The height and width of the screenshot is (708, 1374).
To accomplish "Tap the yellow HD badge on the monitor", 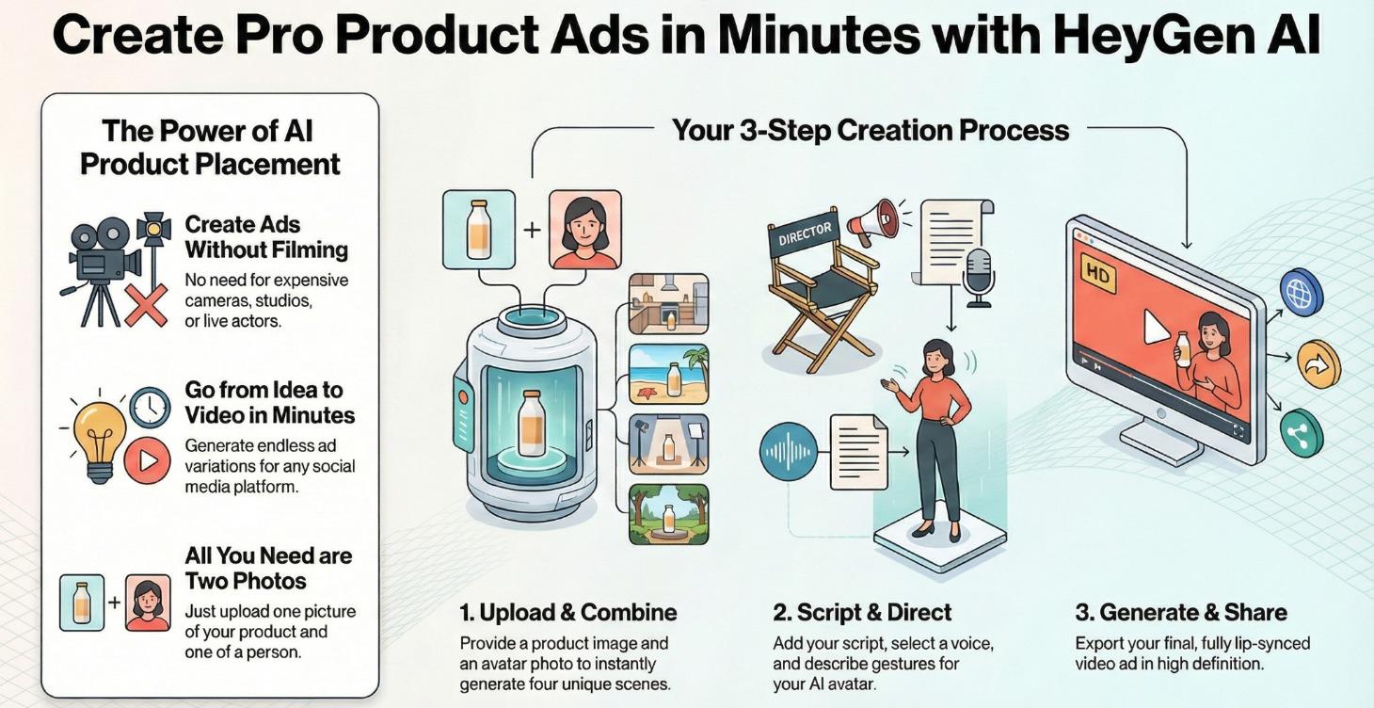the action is pos(1098,274).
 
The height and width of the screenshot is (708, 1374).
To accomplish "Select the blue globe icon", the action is pos(1301,292).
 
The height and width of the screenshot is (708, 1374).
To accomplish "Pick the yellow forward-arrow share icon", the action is pos(1318,363).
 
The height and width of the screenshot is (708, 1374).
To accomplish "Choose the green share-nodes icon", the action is pos(1302,433).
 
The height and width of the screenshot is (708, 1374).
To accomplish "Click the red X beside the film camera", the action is pos(146,305).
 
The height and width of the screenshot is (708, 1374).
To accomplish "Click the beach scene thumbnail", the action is pos(668,374).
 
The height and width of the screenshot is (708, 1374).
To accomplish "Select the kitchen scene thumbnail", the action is pos(668,304).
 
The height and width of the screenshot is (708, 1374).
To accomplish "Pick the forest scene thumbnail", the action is pos(668,514).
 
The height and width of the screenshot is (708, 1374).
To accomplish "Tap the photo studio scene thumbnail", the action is pos(668,444).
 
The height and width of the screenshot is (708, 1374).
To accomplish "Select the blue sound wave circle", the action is pos(789,452).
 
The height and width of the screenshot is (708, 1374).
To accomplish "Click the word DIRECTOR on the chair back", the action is pos(805,233).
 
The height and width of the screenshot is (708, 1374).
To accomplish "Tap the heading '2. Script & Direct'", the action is pos(862,612).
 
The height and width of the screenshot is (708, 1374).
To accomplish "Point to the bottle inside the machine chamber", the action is pos(531,424).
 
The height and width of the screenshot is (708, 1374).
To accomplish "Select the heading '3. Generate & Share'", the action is pos(1181,612).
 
